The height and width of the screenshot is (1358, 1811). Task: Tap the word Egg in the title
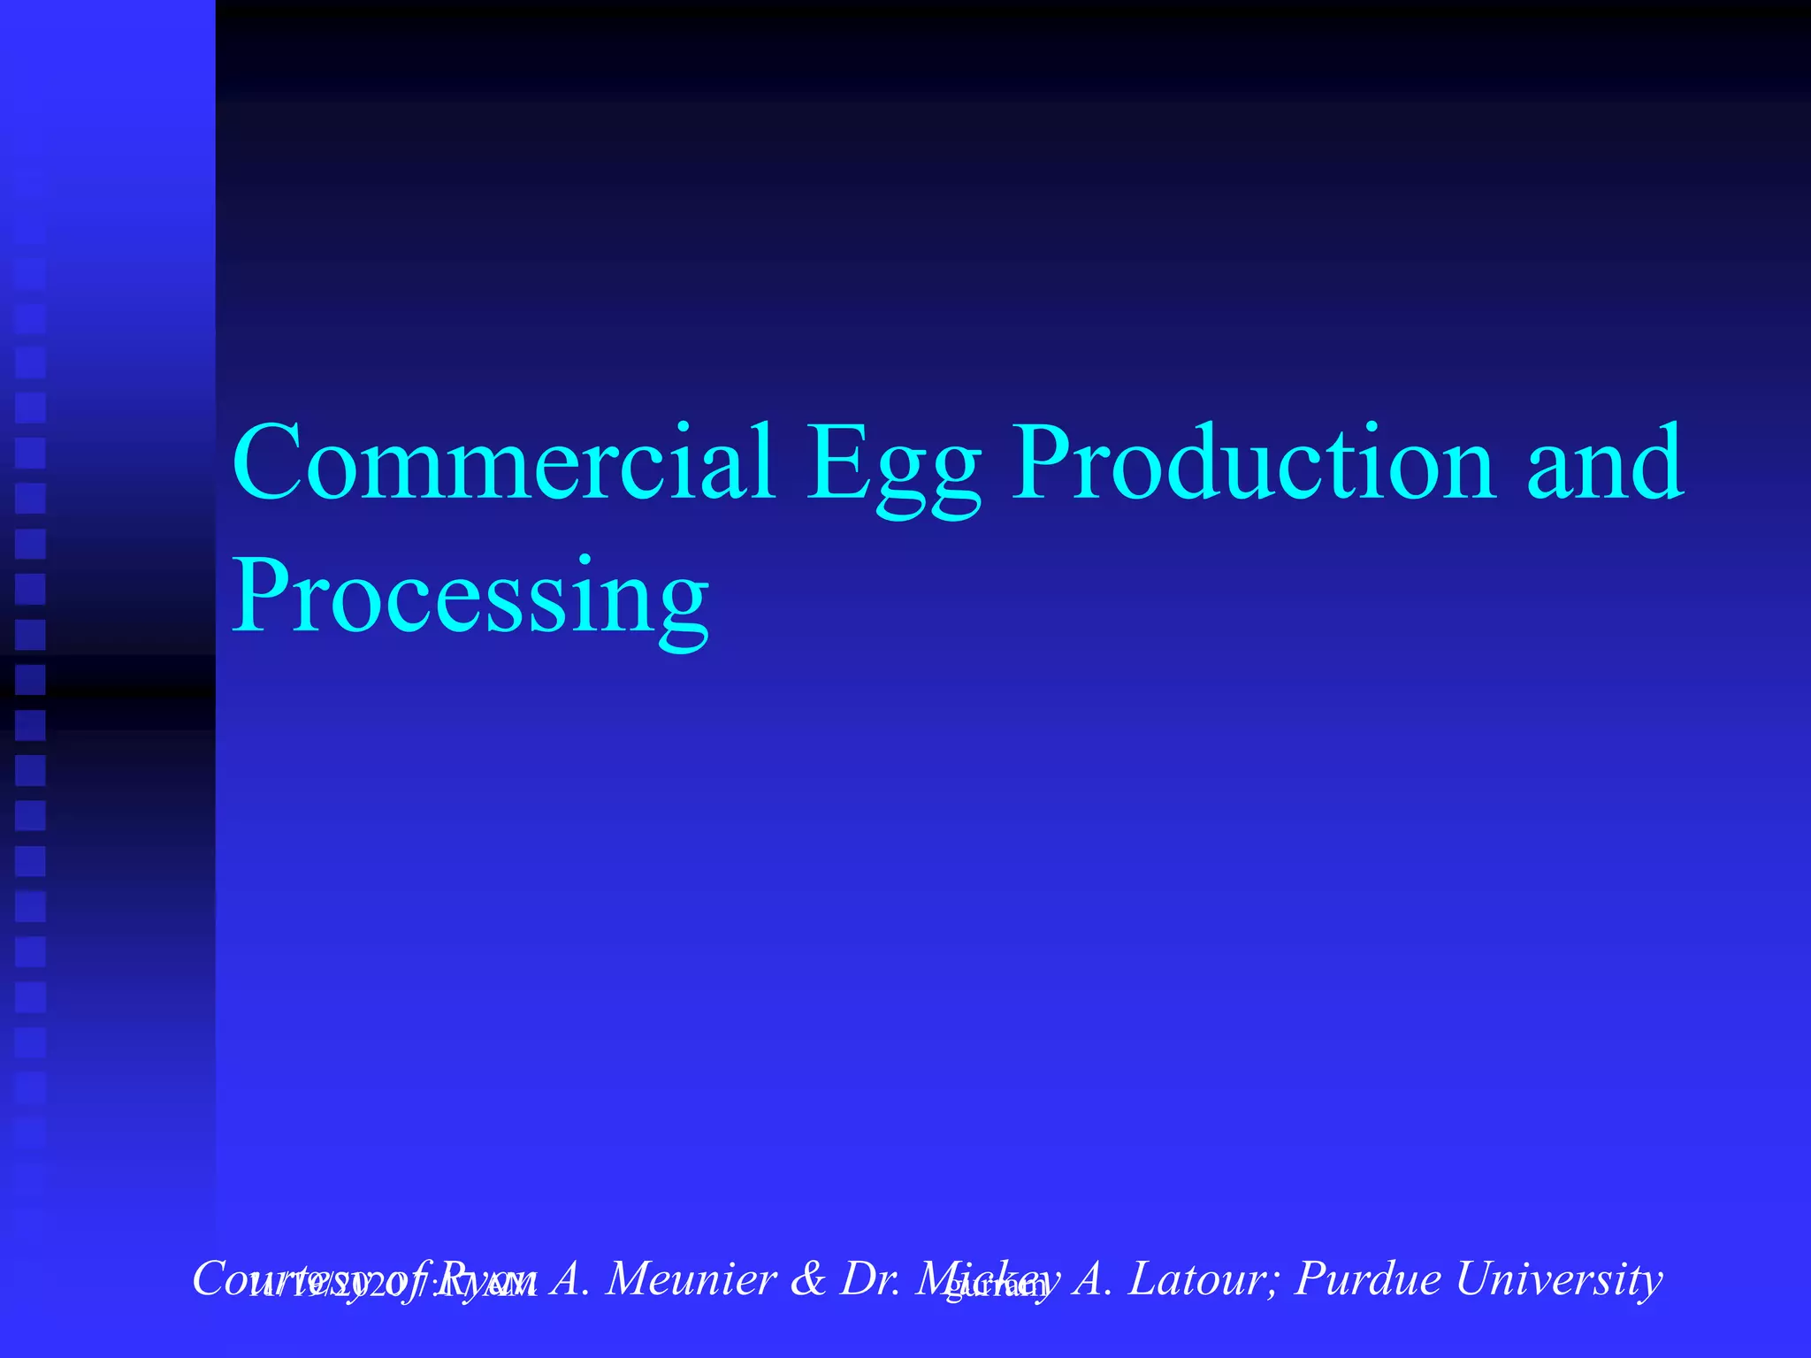pyautogui.click(x=893, y=469)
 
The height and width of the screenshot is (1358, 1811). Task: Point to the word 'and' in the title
pyautogui.click(x=1605, y=463)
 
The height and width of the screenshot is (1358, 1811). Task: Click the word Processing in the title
pyautogui.click(x=470, y=598)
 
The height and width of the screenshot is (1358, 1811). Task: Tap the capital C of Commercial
pyautogui.click(x=269, y=463)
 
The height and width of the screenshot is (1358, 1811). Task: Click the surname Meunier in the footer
pyautogui.click(x=691, y=1278)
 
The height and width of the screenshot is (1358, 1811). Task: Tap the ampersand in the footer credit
pyautogui.click(x=806, y=1279)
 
